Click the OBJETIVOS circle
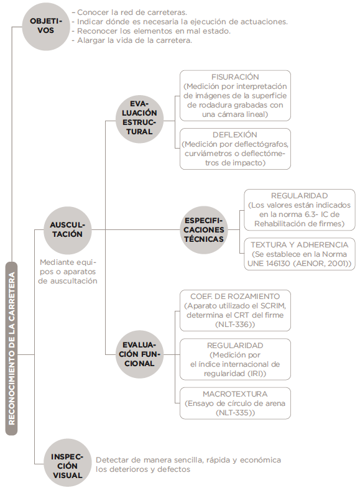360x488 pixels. coord(46,26)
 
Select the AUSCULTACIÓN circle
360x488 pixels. coord(68,230)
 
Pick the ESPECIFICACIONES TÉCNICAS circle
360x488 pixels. coord(204,230)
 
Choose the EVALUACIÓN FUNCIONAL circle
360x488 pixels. coord(139,354)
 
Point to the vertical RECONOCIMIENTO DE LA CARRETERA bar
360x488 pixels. coord(12,349)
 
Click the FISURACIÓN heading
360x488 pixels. coord(235,77)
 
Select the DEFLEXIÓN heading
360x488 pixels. coord(235,135)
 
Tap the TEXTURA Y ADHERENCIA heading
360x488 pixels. coord(299,245)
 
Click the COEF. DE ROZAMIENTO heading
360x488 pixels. coord(235,297)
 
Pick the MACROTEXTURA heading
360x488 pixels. coord(235,394)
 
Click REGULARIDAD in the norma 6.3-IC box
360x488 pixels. coord(299,196)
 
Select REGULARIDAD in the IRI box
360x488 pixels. coord(235,346)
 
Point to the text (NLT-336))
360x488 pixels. coord(235,325)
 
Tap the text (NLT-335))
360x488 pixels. coord(235,413)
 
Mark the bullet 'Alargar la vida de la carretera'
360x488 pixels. coord(132,40)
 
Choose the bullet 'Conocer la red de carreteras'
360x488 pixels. coord(129,12)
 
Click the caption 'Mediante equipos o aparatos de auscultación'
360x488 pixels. coord(68,272)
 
